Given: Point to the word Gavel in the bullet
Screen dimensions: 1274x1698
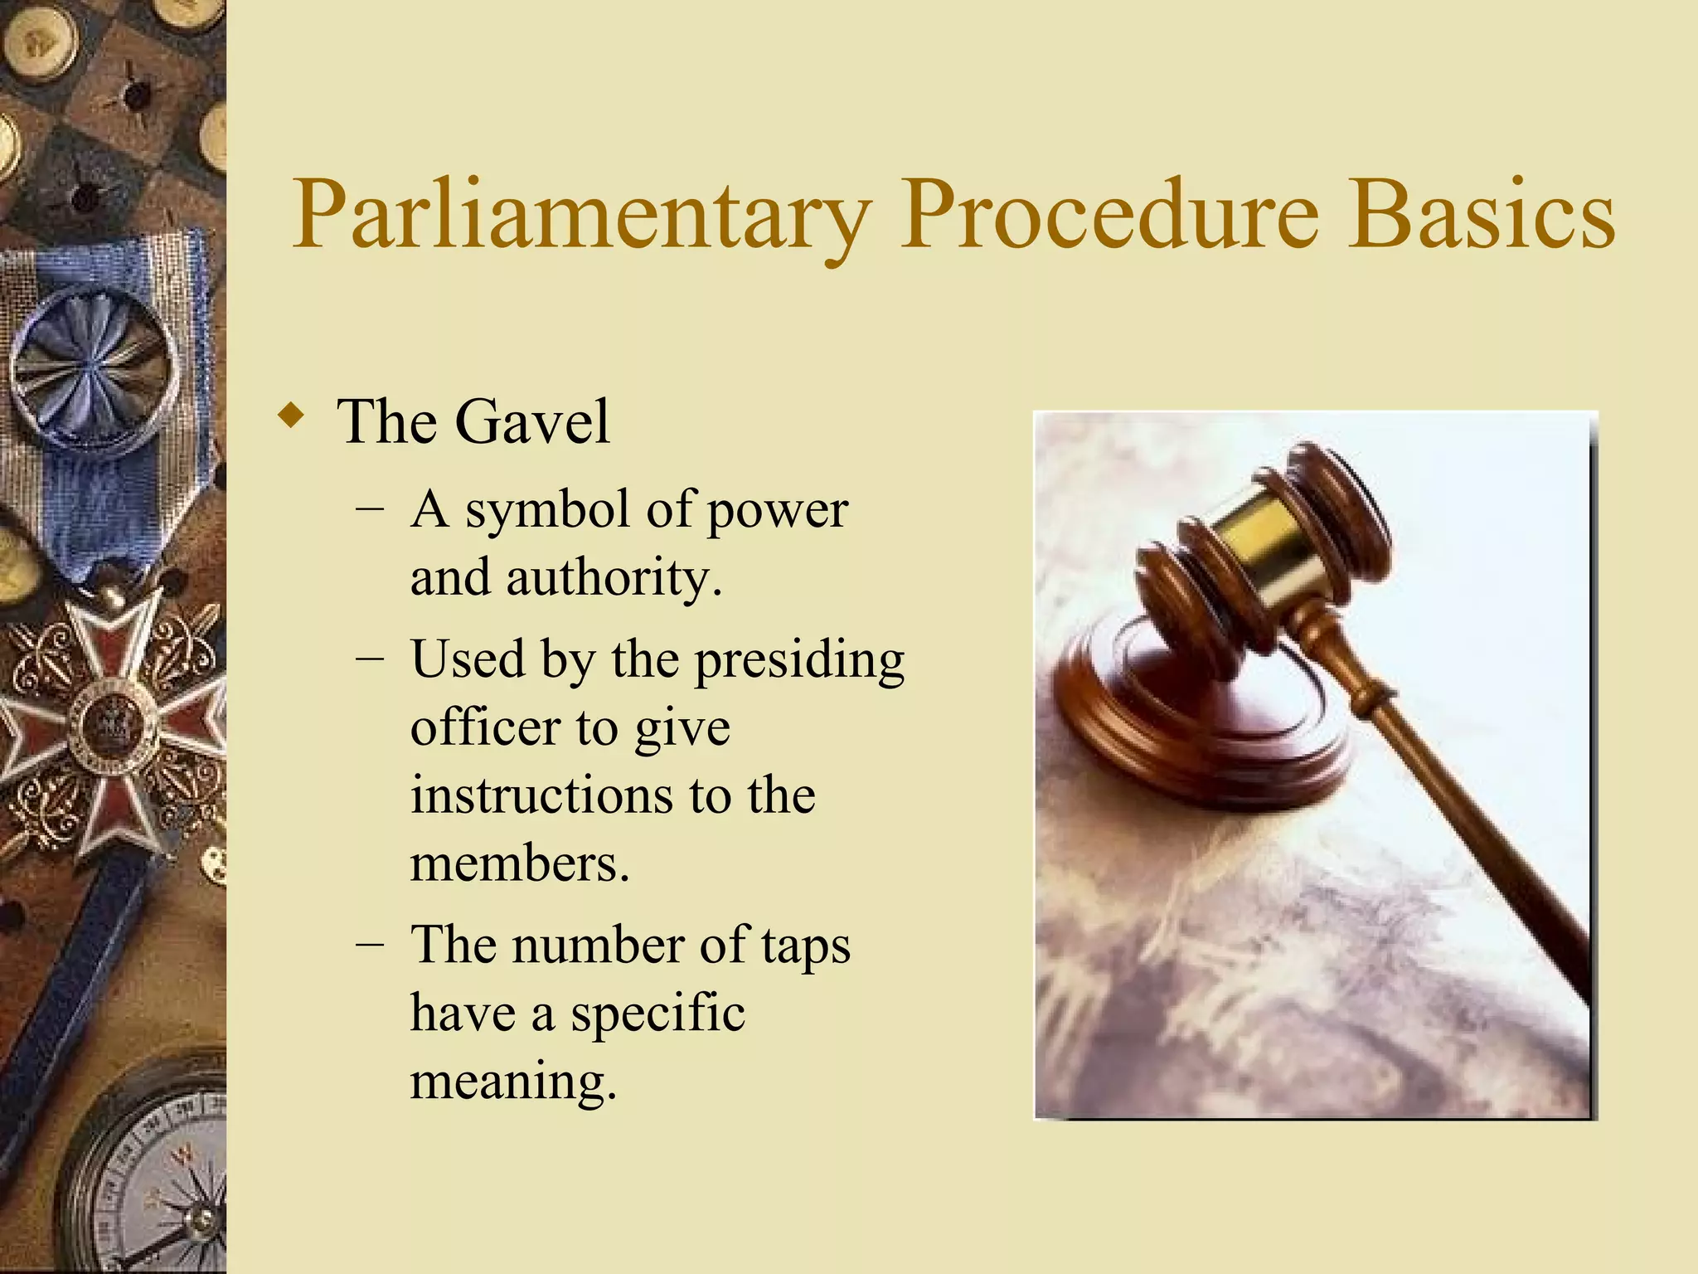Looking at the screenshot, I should (532, 422).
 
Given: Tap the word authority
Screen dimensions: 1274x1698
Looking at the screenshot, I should (614, 578).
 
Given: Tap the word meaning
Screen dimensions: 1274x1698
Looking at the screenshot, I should (513, 1082).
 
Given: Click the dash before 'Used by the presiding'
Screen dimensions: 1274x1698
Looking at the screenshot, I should (370, 660).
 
